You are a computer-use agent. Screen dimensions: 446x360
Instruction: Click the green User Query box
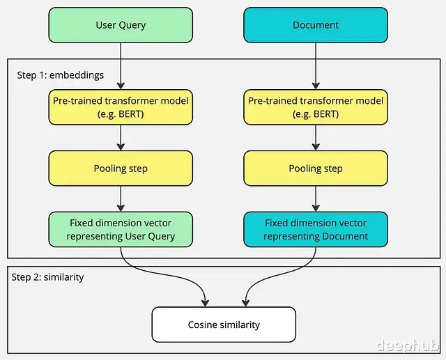121,25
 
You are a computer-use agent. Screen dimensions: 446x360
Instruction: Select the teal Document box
316,25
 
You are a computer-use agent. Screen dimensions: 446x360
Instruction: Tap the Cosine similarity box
224,324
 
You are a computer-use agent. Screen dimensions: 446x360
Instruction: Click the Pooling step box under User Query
121,169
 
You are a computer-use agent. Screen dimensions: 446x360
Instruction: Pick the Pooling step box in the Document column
316,169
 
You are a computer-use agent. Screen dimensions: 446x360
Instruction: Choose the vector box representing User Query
121,229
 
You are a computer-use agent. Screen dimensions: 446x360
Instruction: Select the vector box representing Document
316,229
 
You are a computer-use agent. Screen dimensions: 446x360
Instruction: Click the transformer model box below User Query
121,107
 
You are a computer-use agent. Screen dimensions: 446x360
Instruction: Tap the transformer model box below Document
316,107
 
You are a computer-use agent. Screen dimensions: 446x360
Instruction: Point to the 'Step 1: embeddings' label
61,75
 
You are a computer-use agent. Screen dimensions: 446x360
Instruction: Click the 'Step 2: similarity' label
47,277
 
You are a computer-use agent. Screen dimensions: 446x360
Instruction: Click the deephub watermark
408,345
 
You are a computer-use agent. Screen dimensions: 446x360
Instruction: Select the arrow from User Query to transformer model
121,66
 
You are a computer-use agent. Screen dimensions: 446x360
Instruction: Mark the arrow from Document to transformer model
316,66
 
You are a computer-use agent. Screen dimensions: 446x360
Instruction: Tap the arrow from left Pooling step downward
121,199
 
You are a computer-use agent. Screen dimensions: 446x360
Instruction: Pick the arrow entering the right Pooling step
316,138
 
